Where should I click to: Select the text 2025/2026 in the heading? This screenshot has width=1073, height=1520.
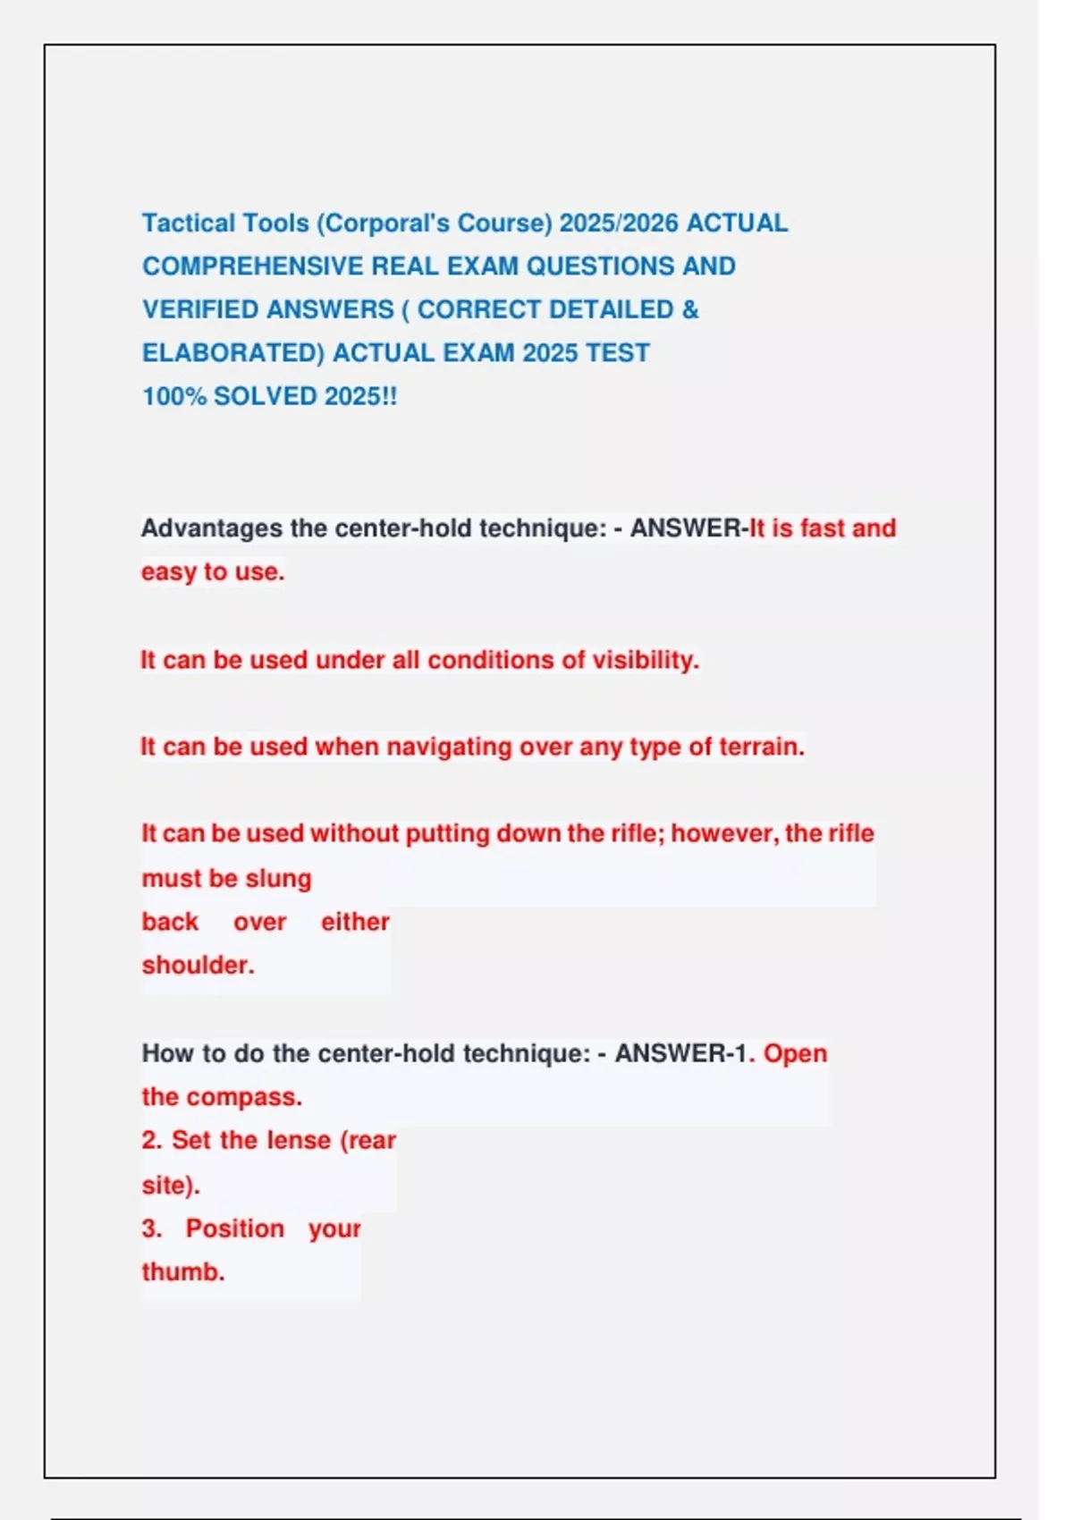pyautogui.click(x=619, y=223)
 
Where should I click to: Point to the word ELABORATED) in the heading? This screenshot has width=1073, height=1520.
pyautogui.click(x=232, y=353)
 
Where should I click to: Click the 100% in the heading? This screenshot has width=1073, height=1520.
pyautogui.click(x=173, y=396)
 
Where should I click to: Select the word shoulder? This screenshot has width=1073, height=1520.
pyautogui.click(x=198, y=965)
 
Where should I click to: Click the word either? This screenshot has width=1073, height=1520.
pyautogui.click(x=355, y=922)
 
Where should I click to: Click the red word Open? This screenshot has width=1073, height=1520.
pyautogui.click(x=795, y=1053)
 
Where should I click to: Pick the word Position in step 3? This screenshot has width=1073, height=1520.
pyautogui.click(x=234, y=1229)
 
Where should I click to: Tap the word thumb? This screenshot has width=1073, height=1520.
pyautogui.click(x=182, y=1271)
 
